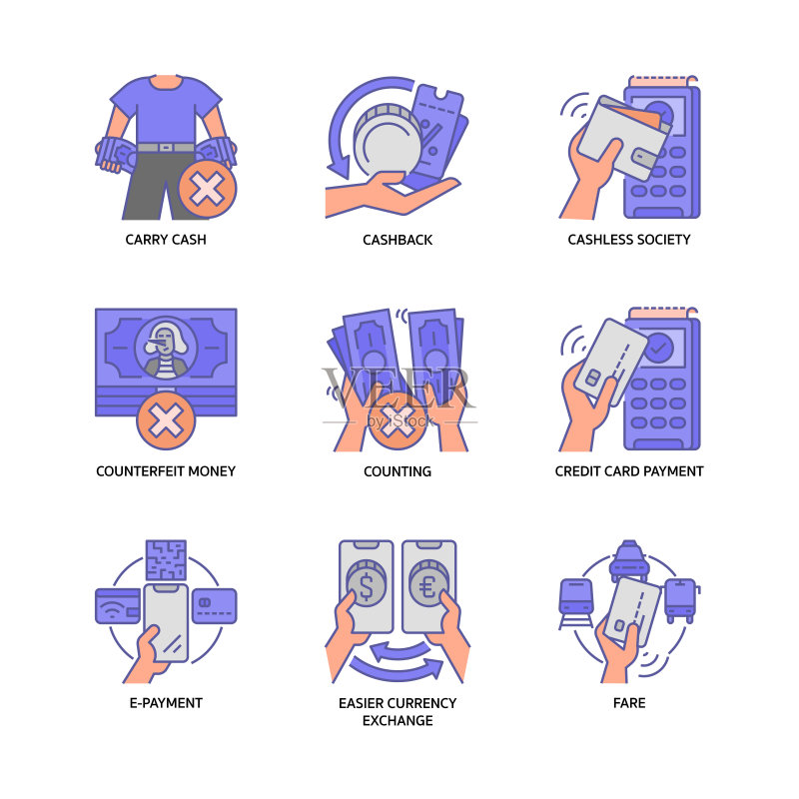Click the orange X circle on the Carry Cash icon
pos(208,189)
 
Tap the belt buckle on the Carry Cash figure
pos(166,147)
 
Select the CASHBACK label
pos(398,240)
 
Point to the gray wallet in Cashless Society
pos(624,139)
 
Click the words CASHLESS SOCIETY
pos(629,240)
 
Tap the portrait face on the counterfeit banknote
pos(165,341)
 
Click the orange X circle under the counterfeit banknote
pos(166,420)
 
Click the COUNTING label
pos(398,471)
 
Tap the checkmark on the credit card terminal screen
pos(659,348)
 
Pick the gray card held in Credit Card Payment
pos(611,362)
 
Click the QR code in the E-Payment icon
pos(166,560)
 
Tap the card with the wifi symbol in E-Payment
pos(118,606)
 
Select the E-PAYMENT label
pos(166,703)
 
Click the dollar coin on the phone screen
pos(366,583)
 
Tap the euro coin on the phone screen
pos(428,583)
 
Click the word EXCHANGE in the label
pos(398,720)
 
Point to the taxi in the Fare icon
pos(630,561)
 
